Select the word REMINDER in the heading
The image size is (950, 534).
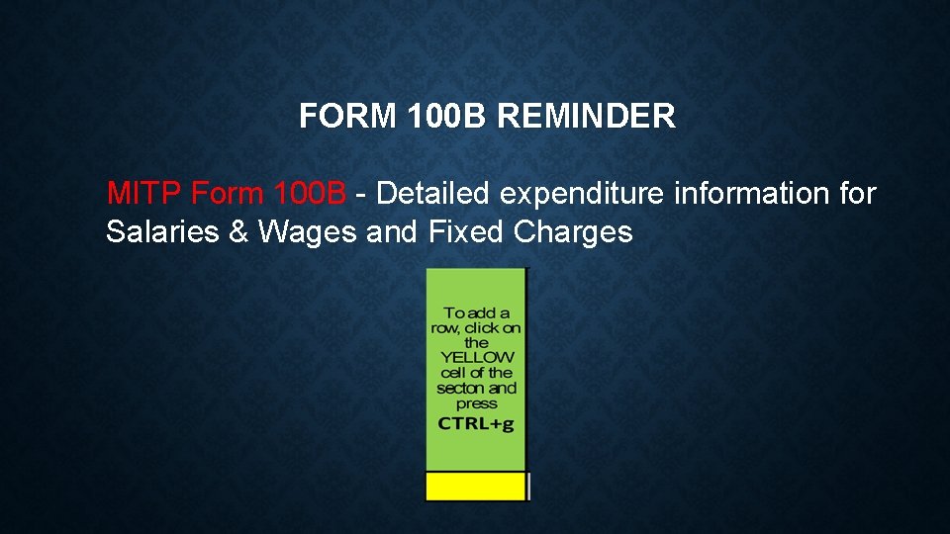click(586, 117)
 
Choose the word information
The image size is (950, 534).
click(754, 193)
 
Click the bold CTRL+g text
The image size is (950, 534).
click(477, 423)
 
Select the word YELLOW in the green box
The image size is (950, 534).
click(477, 357)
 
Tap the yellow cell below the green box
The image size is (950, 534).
click(475, 487)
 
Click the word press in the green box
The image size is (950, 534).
click(477, 403)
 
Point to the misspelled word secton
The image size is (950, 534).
click(459, 388)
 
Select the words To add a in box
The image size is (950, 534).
click(477, 312)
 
